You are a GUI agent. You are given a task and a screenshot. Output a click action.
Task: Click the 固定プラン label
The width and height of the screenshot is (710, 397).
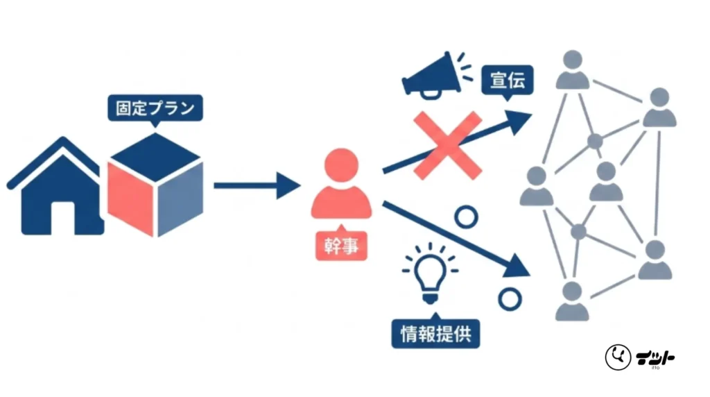coord(155,108)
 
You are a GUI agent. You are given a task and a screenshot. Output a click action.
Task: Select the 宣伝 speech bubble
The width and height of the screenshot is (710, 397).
coord(507,81)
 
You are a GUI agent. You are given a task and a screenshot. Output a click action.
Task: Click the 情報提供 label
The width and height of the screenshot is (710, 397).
coord(435,333)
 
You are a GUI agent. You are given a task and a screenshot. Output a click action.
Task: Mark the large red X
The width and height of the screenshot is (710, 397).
coord(447,146)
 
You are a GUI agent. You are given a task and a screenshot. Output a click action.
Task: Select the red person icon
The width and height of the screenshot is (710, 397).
coord(341,183)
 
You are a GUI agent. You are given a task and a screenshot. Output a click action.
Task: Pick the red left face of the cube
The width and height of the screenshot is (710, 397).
coord(130,198)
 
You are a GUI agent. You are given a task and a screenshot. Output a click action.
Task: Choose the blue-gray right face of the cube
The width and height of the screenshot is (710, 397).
coord(180,198)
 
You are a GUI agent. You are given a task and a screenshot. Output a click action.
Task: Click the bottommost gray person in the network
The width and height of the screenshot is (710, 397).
coord(572,301)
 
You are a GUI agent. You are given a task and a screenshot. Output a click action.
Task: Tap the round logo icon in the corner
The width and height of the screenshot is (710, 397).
coord(618,357)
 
